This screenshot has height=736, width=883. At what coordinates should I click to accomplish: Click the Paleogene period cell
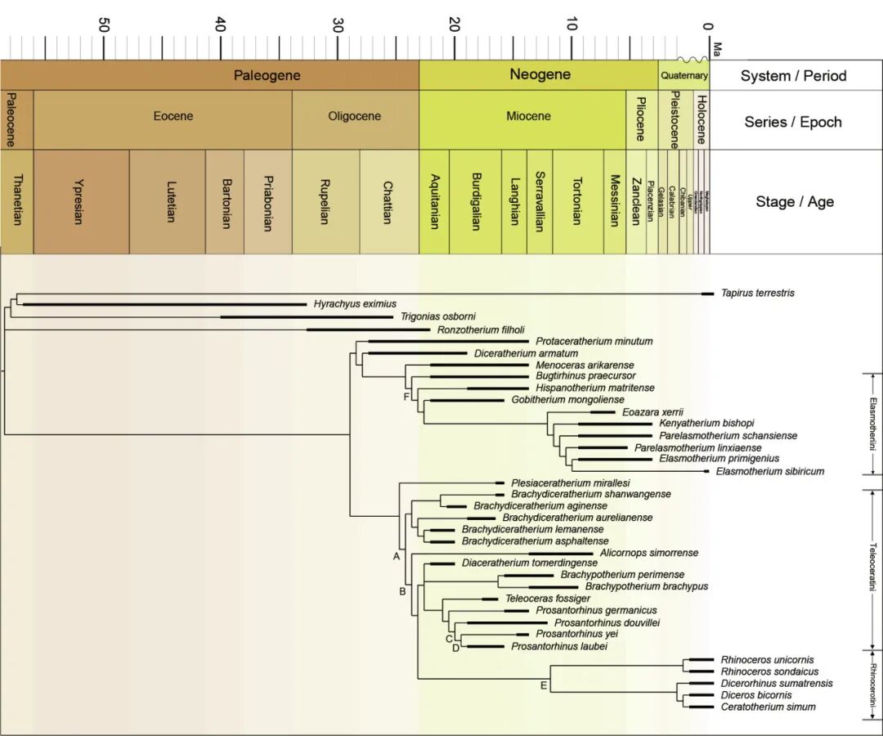point(267,76)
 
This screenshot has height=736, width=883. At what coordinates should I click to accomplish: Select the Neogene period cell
point(540,75)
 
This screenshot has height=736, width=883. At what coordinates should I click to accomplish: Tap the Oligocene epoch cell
point(354,116)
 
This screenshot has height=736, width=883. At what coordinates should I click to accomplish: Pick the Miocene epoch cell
point(528,116)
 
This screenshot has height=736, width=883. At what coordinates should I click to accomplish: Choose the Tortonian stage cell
point(577,201)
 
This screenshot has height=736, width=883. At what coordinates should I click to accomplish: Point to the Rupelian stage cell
point(325,201)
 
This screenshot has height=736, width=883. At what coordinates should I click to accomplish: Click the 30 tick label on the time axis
point(338,25)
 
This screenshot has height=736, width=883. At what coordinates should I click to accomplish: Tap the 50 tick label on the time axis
point(104,25)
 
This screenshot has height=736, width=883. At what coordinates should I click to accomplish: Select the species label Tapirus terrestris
point(757,293)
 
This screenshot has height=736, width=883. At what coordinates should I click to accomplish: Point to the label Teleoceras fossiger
point(547,599)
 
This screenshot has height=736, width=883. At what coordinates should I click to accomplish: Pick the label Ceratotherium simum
point(768,707)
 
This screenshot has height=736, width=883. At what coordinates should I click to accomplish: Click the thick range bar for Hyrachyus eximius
point(164,304)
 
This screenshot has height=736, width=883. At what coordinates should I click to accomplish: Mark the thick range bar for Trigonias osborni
point(307,316)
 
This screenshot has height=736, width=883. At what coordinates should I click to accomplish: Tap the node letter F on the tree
point(406,397)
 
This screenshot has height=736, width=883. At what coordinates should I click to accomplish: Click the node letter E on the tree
point(543,684)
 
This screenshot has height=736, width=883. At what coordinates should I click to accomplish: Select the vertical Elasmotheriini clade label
point(873,424)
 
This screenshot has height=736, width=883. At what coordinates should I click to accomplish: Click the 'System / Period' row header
point(793,76)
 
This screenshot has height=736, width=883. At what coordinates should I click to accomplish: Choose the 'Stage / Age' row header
point(794,201)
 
